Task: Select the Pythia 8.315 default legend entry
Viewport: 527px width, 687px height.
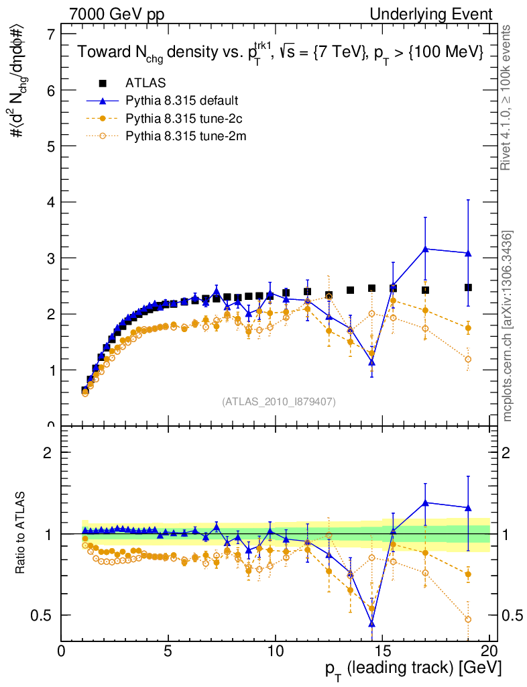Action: click(x=181, y=101)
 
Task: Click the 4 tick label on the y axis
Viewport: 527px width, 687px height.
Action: click(x=51, y=202)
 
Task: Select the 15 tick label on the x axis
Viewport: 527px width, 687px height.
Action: click(x=382, y=651)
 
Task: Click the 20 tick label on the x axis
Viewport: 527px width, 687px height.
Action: click(x=489, y=651)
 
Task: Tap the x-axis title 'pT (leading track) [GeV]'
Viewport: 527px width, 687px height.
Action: click(x=414, y=669)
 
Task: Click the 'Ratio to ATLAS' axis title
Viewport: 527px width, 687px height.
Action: click(x=22, y=533)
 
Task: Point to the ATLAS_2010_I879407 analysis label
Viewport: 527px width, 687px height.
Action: click(x=279, y=402)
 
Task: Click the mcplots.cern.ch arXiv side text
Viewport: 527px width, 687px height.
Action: click(x=510, y=326)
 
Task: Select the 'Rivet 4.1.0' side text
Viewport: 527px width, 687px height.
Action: click(x=510, y=98)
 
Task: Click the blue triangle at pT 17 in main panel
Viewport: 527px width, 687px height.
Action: click(x=425, y=249)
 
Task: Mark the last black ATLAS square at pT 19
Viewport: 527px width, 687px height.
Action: click(x=468, y=287)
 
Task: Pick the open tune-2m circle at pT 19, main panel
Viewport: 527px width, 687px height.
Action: click(x=468, y=359)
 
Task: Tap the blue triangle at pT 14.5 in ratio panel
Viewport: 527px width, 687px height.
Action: click(x=371, y=623)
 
